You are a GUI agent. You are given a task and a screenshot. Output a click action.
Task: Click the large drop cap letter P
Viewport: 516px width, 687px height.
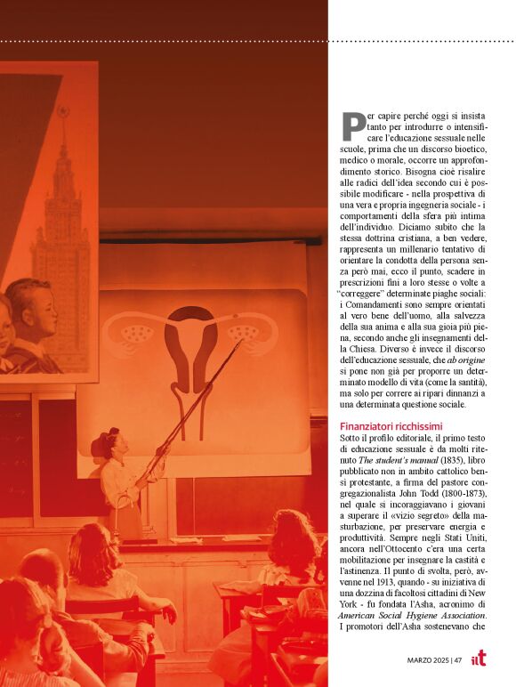tap(352, 125)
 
